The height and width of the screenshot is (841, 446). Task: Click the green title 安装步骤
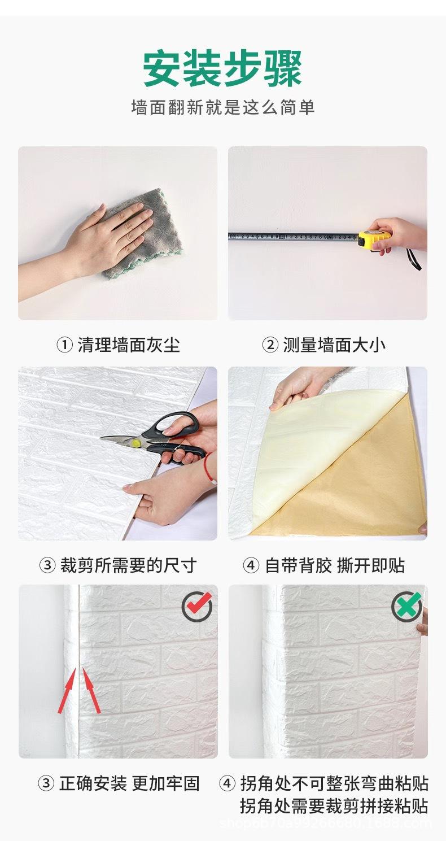tap(222, 69)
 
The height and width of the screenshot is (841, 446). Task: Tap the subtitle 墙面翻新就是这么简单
tap(222, 107)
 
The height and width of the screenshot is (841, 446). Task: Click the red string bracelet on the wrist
tap(209, 468)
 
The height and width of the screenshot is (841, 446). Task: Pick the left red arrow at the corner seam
tap(67, 689)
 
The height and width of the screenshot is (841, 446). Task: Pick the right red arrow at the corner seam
tap(91, 689)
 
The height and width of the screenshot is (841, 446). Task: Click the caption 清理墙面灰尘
tap(129, 345)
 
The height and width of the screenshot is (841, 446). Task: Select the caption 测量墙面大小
tap(334, 345)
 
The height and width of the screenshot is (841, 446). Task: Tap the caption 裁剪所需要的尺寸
tap(128, 565)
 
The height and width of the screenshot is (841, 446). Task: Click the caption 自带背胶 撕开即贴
tap(335, 565)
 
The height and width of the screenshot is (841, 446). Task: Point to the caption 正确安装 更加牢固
tap(129, 783)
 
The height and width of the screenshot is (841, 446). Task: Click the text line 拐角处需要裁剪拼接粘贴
tap(334, 806)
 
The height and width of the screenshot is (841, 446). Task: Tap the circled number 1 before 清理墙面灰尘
tap(64, 345)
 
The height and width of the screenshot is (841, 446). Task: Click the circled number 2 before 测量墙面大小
tap(270, 345)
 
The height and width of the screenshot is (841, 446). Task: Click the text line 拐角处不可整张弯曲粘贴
tap(334, 783)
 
